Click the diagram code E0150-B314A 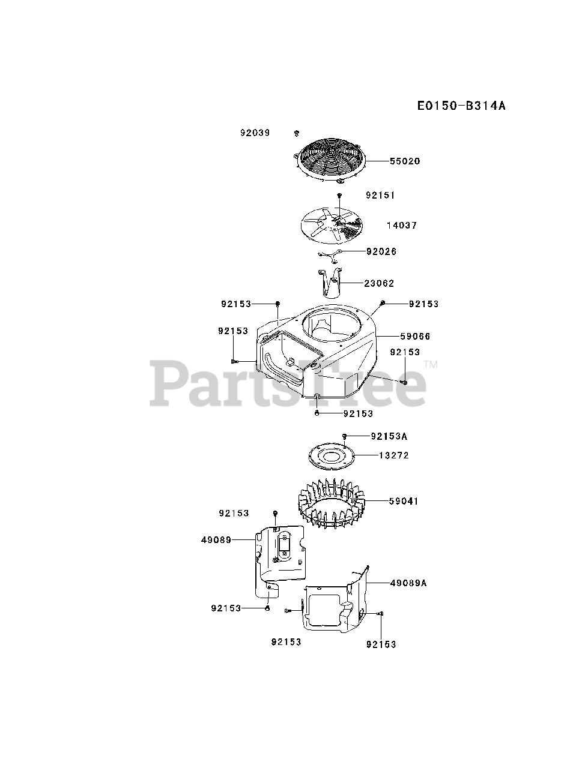461,106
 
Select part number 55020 405,161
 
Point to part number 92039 255,133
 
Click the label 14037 402,226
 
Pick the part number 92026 381,251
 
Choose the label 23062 379,283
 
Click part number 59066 415,337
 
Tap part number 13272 393,455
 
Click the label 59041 403,501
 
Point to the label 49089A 408,583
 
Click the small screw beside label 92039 297,133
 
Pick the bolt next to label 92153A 345,436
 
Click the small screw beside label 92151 339,196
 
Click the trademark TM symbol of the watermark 431,364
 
